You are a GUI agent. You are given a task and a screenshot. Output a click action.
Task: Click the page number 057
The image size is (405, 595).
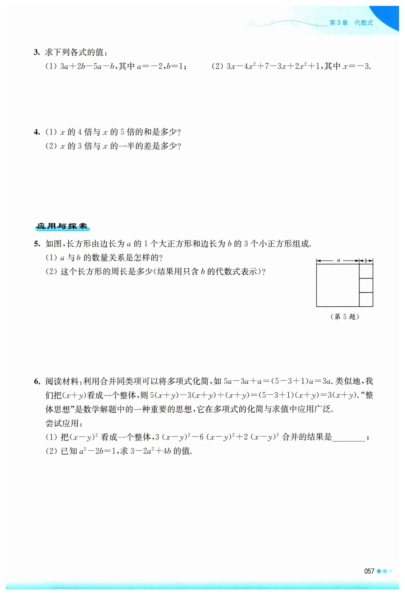pyautogui.click(x=369, y=571)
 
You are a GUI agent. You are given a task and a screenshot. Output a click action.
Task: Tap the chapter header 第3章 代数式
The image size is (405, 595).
pyautogui.click(x=351, y=23)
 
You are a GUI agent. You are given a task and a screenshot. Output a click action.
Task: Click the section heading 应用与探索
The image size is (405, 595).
pyautogui.click(x=62, y=226)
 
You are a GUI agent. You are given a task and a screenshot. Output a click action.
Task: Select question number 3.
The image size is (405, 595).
pyautogui.click(x=37, y=52)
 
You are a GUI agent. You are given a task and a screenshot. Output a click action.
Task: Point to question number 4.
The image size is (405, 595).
pyautogui.click(x=37, y=132)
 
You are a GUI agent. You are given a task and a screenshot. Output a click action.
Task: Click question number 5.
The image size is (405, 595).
pyautogui.click(x=37, y=244)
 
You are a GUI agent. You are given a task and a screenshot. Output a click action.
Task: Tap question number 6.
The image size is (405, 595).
pyautogui.click(x=37, y=381)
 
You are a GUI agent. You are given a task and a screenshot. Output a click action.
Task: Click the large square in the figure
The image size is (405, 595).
pyautogui.click(x=338, y=285)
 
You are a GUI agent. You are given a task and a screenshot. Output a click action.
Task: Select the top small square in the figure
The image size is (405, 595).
pyautogui.click(x=366, y=271)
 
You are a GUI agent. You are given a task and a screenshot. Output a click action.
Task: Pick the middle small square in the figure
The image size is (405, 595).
pyautogui.click(x=366, y=285)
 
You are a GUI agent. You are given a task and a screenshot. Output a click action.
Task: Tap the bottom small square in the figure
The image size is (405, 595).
pyautogui.click(x=366, y=299)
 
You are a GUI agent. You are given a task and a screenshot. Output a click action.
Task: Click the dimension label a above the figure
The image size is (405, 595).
pyautogui.click(x=338, y=260)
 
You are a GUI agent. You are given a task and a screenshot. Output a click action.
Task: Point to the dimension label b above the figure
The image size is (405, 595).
pyautogui.click(x=366, y=261)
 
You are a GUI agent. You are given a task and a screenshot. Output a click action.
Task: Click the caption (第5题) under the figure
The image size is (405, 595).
pyautogui.click(x=345, y=317)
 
